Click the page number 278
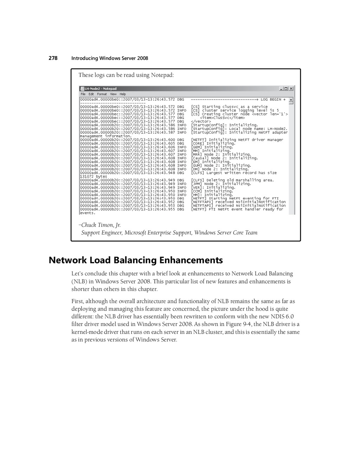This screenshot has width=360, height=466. click(x=53, y=58)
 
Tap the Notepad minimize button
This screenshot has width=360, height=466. click(x=282, y=89)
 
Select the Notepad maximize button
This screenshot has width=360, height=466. click(x=287, y=89)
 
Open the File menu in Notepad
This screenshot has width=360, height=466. click(x=83, y=94)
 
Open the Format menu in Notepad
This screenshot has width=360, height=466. click(x=102, y=94)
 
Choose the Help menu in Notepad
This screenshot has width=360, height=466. click(x=123, y=94)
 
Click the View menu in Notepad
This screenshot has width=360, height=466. click(x=113, y=94)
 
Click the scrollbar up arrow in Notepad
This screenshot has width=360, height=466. click(x=291, y=100)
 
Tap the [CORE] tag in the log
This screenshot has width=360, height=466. click(x=198, y=143)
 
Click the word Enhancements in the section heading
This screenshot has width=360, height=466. click(x=191, y=260)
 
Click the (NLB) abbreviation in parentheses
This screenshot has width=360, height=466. click(x=79, y=281)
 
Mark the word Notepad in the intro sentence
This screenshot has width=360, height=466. click(x=162, y=75)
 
